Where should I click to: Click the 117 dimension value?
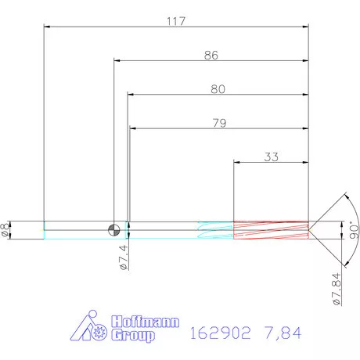[175, 21]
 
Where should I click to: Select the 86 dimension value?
[211, 56]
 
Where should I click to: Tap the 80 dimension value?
[218, 89]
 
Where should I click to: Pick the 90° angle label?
[353, 230]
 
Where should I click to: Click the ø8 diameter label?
[8, 229]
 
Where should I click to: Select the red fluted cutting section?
[271, 229]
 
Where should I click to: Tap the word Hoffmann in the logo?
[146, 322]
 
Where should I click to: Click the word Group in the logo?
[133, 337]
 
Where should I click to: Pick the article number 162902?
[221, 333]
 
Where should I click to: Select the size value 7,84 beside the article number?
[283, 333]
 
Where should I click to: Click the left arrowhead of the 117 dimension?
[47, 28]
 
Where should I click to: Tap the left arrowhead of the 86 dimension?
[118, 62]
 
